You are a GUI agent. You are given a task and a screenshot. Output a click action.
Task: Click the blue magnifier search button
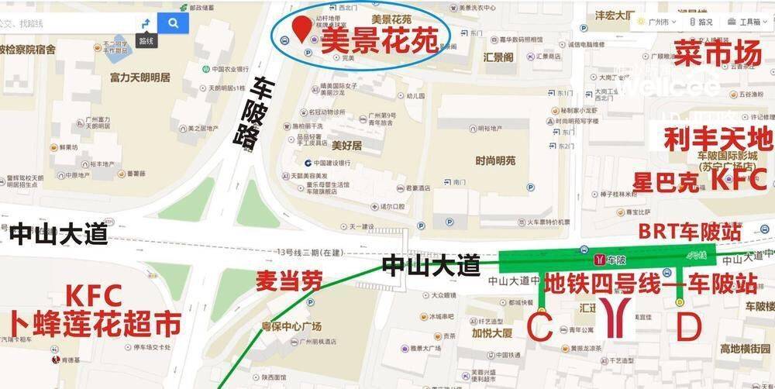(x=173, y=23)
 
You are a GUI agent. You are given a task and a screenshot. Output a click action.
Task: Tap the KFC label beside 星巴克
(x=738, y=181)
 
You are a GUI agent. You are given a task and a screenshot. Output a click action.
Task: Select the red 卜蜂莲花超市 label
(x=95, y=323)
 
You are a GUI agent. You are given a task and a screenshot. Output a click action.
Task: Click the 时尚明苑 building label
(x=495, y=160)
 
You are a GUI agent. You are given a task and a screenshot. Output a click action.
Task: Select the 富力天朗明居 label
(x=139, y=77)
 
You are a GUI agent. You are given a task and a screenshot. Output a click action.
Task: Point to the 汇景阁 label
(x=498, y=57)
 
